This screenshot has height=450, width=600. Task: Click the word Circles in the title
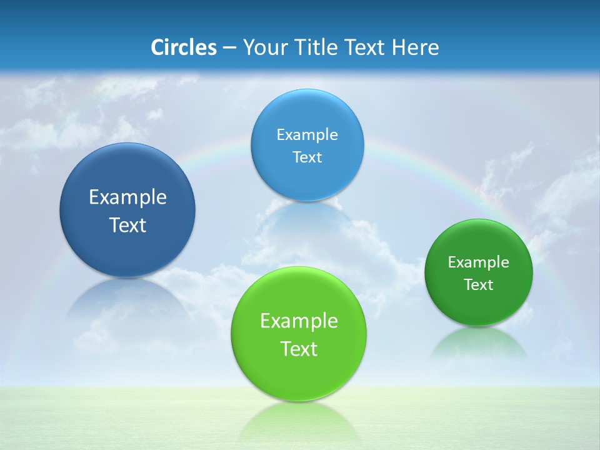point(183,47)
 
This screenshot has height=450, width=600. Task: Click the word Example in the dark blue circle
point(127,197)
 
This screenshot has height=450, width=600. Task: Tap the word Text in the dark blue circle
point(127,225)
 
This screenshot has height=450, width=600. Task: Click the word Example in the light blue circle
point(307,135)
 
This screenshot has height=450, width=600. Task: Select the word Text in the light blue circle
point(307,157)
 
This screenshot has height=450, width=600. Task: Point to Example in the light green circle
point(299,321)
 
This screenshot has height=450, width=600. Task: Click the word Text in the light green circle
point(299,349)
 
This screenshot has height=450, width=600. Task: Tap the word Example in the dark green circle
point(479,262)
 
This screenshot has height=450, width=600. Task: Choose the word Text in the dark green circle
point(479,285)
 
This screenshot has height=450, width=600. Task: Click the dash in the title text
point(229,47)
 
